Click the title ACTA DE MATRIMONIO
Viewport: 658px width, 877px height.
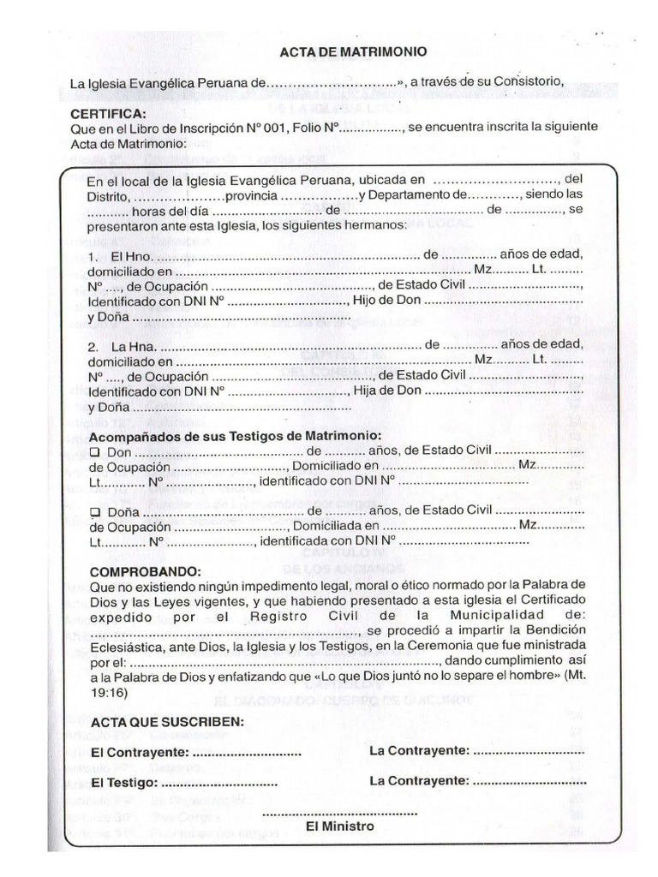[x=353, y=52]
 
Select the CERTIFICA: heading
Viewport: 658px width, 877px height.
[x=108, y=113]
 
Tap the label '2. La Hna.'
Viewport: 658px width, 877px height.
[x=122, y=345]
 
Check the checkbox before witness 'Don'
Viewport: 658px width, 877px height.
[x=95, y=450]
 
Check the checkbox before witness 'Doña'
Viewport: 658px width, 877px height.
[x=95, y=510]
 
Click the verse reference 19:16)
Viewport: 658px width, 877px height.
[x=109, y=692]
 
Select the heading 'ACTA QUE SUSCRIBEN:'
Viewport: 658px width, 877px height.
[x=166, y=722]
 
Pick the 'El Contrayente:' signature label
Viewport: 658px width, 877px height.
[x=141, y=752]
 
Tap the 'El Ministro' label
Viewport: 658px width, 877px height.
[x=340, y=826]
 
